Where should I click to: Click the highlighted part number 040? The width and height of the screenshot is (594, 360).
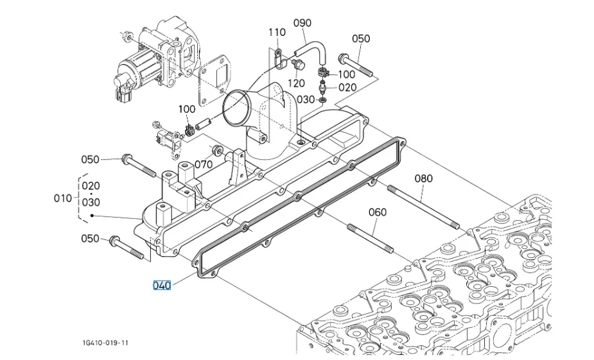(x=162, y=285)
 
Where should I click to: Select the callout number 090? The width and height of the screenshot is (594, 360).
(x=302, y=23)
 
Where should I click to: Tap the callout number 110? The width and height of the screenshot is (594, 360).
(x=277, y=33)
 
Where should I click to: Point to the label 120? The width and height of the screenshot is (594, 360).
(x=296, y=83)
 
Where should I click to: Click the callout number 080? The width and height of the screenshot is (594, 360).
(x=423, y=178)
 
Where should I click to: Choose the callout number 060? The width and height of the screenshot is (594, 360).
(x=378, y=212)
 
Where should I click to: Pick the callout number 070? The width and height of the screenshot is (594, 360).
(x=204, y=164)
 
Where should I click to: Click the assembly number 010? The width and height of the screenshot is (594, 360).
(x=62, y=198)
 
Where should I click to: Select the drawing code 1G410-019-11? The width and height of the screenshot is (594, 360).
(x=105, y=343)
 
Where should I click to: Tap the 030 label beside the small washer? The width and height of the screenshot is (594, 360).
(x=306, y=99)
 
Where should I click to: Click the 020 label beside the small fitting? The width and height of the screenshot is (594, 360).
(x=347, y=87)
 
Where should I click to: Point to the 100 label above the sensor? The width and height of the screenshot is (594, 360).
(x=187, y=109)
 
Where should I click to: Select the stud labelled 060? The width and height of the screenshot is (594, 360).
(x=370, y=239)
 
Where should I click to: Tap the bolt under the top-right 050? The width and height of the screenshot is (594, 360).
(x=355, y=65)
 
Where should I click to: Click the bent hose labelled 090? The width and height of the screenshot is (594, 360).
(x=310, y=53)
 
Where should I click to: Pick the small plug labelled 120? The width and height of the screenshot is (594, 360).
(x=299, y=65)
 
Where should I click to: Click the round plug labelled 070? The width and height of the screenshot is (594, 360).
(x=218, y=150)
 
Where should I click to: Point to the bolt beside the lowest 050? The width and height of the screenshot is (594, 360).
(x=127, y=248)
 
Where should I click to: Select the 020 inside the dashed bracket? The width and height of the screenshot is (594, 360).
(x=91, y=186)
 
